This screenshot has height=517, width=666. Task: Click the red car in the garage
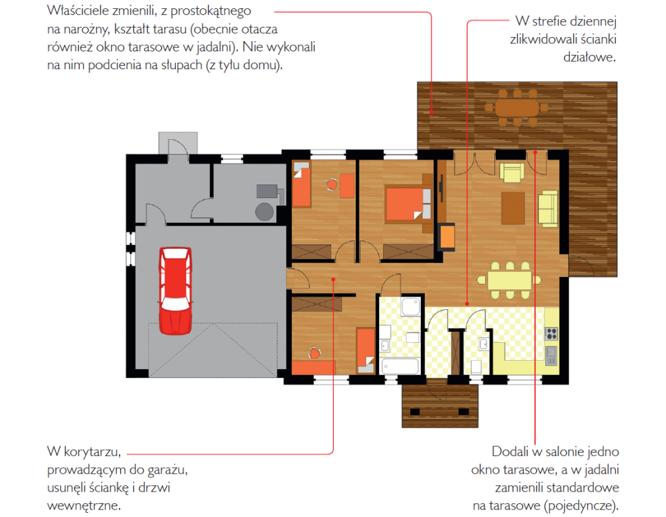click(175, 291)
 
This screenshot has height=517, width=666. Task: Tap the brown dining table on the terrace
click(517, 108)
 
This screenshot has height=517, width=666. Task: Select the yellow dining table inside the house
click(509, 280)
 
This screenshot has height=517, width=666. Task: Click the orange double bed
click(408, 204)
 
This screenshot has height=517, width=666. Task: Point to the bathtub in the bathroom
click(400, 366)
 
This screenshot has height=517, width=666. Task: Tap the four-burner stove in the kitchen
click(551, 334)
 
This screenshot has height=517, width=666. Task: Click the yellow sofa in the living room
click(548, 208)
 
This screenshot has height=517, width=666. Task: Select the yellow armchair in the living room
click(512, 172)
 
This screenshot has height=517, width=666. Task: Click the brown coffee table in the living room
click(513, 208)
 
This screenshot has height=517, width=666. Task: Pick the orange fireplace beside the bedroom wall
click(447, 237)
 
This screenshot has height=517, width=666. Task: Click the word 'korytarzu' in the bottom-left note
click(92, 452)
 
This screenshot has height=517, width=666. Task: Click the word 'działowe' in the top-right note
click(590, 58)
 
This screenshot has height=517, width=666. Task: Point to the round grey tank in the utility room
click(264, 212)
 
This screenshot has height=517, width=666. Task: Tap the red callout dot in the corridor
click(334, 279)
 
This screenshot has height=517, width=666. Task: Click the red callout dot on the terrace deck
click(431, 112)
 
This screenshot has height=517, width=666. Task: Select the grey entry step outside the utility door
click(178, 143)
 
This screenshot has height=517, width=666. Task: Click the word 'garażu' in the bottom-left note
click(168, 470)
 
